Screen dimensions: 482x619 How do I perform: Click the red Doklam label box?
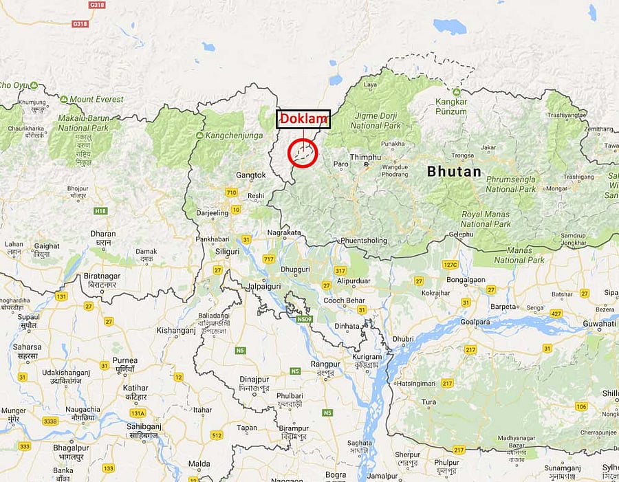point(303,119)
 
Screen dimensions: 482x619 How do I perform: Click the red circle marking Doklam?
point(302,153)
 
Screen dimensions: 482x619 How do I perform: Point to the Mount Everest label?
point(96,99)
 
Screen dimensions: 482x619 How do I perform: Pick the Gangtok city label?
point(250,175)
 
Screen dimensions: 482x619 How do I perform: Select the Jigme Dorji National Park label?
point(376,122)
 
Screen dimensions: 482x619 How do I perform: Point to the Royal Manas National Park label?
point(486,219)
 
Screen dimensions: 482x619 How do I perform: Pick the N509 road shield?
point(305,319)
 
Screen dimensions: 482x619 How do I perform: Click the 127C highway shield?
point(450,265)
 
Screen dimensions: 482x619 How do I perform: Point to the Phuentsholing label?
point(364,241)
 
